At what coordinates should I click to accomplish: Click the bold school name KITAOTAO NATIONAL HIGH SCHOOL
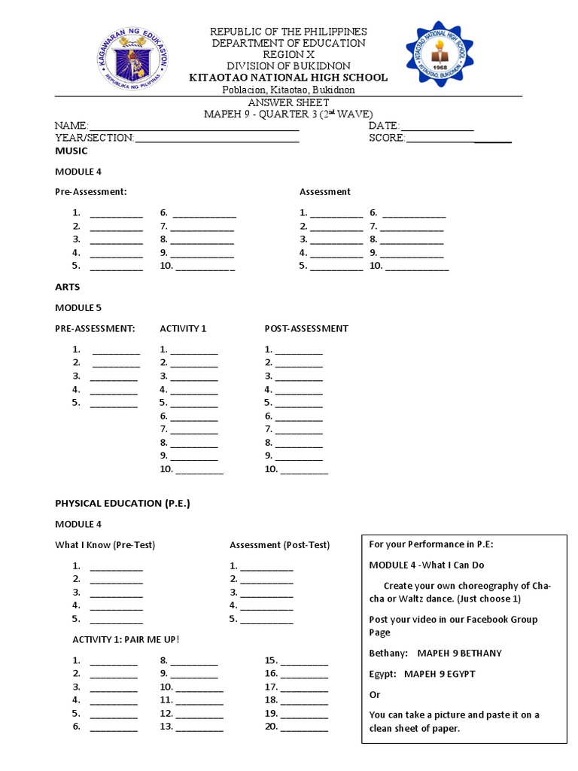pyautogui.click(x=288, y=78)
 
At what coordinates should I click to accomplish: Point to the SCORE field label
pyautogui.click(x=387, y=138)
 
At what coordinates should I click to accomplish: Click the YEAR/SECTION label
pyautogui.click(x=94, y=138)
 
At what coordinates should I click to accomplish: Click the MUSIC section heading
pyautogui.click(x=71, y=151)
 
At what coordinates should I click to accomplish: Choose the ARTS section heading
pyautogui.click(x=68, y=287)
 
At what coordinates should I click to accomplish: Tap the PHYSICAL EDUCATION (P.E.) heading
pyautogui.click(x=123, y=503)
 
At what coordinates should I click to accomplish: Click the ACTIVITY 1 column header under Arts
pyautogui.click(x=183, y=328)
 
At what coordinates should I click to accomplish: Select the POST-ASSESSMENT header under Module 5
pyautogui.click(x=306, y=328)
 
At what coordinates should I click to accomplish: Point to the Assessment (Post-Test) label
pyautogui.click(x=279, y=545)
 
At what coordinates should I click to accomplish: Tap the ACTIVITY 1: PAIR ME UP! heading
pyautogui.click(x=126, y=640)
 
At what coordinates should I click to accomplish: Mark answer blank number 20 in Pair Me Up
pyautogui.click(x=304, y=727)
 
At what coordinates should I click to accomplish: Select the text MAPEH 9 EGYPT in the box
pyautogui.click(x=440, y=674)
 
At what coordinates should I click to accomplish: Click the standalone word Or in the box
pyautogui.click(x=376, y=694)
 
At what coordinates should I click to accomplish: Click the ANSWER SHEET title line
pyautogui.click(x=288, y=102)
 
